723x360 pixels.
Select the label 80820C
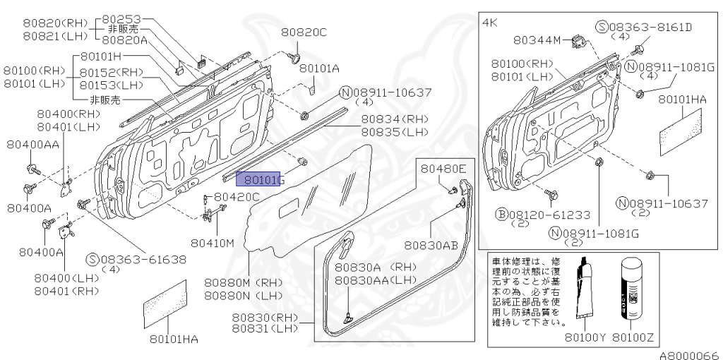304,32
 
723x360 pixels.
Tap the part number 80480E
443,169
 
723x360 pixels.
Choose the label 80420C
237,197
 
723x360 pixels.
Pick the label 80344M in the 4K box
537,40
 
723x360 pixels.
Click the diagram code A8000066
689,354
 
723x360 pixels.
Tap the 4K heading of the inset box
490,23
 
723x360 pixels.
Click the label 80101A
319,68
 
